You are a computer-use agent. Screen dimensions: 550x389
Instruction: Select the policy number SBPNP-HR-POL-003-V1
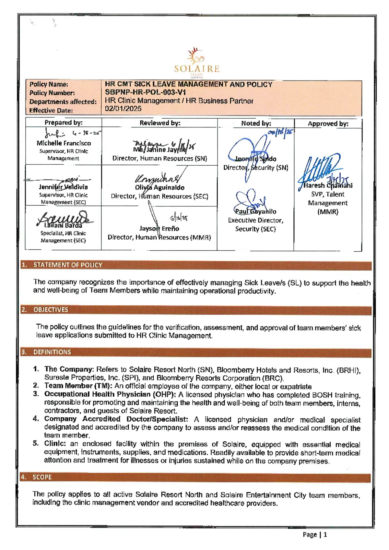(x=145, y=92)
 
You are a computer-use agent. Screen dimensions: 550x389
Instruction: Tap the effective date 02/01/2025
(x=123, y=109)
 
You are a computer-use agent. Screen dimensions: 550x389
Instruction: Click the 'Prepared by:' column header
(x=64, y=122)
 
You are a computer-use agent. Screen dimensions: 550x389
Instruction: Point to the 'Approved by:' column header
(x=328, y=124)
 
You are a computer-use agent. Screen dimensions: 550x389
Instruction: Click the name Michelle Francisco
(x=64, y=143)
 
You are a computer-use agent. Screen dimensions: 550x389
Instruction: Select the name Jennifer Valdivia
(x=63, y=187)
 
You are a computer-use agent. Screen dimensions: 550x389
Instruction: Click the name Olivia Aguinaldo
(x=159, y=187)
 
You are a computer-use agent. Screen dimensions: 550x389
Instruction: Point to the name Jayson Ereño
(x=159, y=228)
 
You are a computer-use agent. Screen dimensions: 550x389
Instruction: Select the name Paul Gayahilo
(x=255, y=211)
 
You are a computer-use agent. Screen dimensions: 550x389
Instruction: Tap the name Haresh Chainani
(x=328, y=185)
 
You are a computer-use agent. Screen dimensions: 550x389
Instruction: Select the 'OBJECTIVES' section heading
(x=51, y=310)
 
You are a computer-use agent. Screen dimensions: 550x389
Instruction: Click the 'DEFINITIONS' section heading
(x=52, y=352)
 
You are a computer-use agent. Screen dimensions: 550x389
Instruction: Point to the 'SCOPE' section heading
(x=42, y=477)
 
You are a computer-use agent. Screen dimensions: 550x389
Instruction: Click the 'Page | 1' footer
(x=315, y=534)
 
